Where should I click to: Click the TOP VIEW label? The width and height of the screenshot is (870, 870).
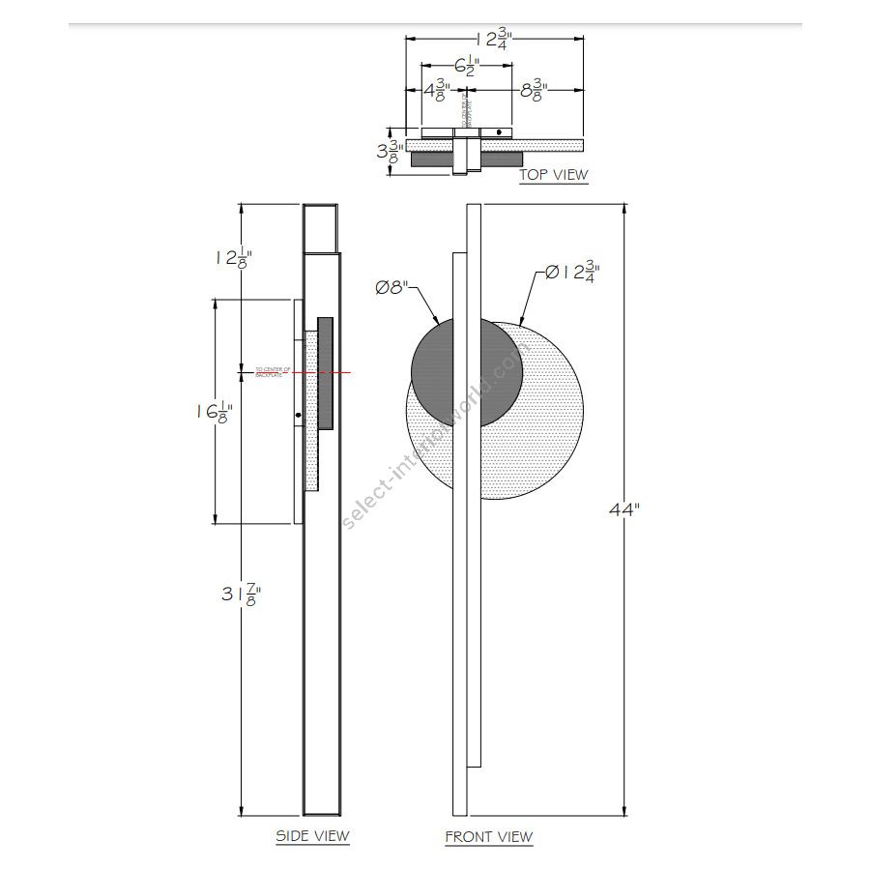pos(553,175)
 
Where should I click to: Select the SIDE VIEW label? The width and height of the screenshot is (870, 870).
pos(312,835)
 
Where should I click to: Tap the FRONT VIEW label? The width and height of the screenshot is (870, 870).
pos(488,836)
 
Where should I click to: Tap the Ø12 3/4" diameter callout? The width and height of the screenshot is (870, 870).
pos(566,273)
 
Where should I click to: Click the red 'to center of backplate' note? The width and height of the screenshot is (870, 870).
pos(274,371)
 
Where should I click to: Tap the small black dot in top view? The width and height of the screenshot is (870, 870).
pos(499,131)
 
